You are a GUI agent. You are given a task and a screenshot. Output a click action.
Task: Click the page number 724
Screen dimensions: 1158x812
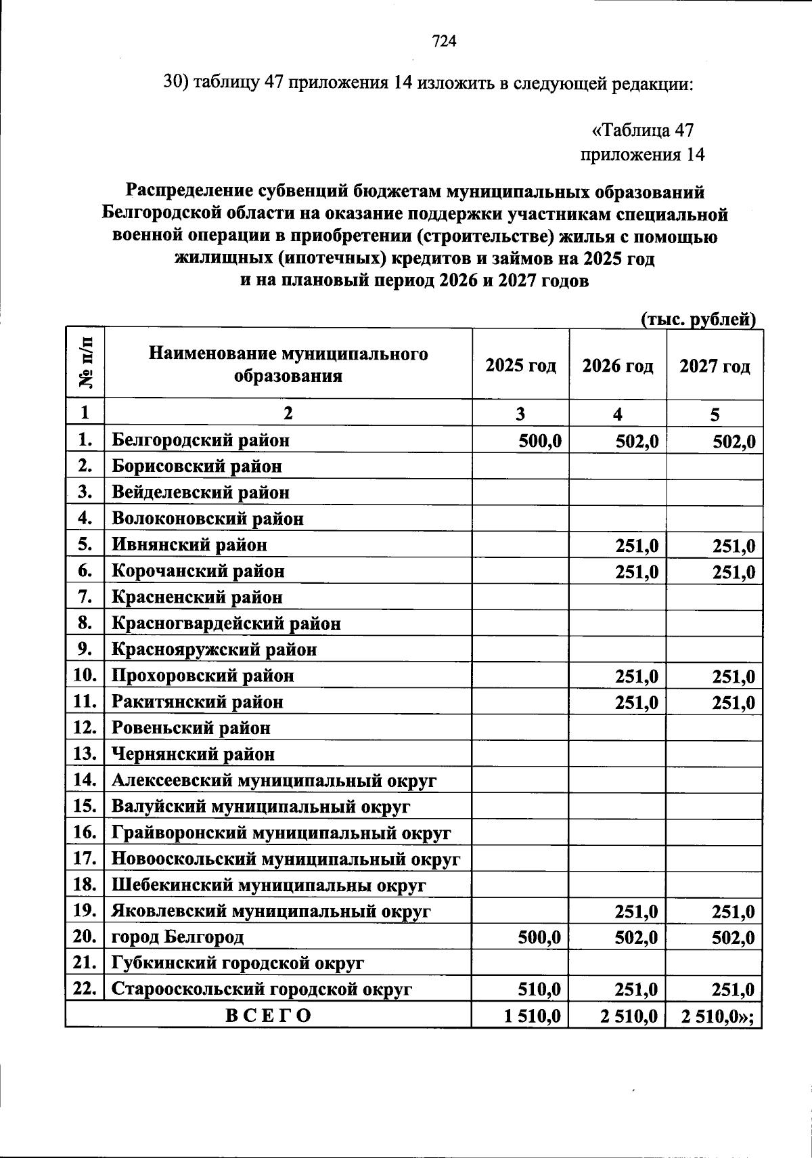click(x=445, y=42)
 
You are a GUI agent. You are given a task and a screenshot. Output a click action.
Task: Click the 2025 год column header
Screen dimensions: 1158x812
click(x=520, y=366)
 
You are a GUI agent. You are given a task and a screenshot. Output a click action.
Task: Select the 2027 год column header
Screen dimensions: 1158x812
click(x=715, y=366)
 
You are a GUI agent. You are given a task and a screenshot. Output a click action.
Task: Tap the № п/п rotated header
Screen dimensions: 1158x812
click(x=86, y=364)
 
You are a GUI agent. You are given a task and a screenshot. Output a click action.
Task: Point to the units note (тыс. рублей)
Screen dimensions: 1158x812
click(x=698, y=319)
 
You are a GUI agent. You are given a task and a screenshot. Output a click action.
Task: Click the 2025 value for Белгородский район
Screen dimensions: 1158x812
click(x=540, y=441)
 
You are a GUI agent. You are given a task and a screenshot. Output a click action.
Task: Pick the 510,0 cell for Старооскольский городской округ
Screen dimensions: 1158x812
click(x=540, y=989)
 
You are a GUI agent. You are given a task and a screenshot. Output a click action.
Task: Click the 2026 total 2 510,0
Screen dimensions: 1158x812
click(x=629, y=1016)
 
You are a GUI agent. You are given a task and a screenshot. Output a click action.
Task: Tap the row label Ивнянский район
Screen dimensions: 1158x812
click(x=189, y=545)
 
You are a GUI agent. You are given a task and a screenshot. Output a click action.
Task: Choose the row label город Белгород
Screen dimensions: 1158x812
click(x=177, y=937)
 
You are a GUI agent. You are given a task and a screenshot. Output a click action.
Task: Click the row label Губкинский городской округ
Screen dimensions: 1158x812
click(x=238, y=963)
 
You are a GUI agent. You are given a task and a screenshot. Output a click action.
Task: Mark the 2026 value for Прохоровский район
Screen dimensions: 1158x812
click(x=636, y=676)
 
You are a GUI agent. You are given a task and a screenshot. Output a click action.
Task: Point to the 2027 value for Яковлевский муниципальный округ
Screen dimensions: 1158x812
click(x=734, y=912)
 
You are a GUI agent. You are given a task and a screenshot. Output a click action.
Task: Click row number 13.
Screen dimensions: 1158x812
click(x=85, y=754)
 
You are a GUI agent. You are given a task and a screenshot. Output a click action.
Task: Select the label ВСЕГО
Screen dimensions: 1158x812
click(x=269, y=1016)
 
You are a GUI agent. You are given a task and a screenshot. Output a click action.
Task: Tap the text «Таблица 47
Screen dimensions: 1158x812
click(x=643, y=130)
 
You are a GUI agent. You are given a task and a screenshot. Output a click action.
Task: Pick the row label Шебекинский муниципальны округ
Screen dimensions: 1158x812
click(x=268, y=885)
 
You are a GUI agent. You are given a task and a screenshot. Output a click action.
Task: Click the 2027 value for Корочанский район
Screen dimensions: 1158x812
click(x=734, y=572)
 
